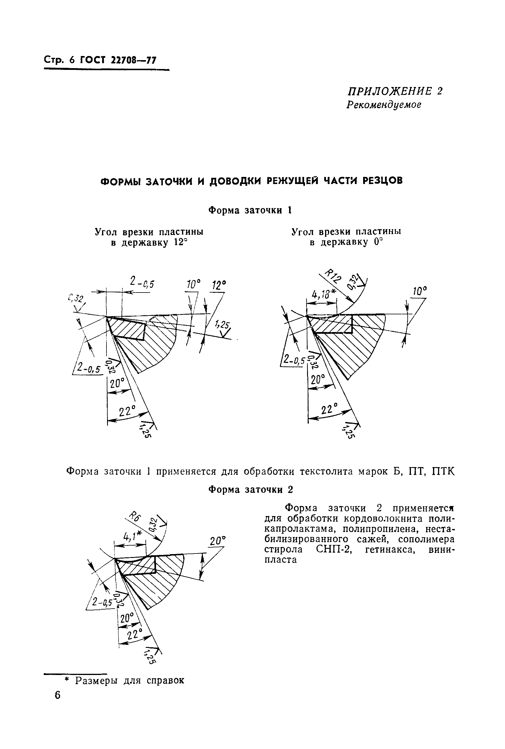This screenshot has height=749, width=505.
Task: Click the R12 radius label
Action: click(x=333, y=276)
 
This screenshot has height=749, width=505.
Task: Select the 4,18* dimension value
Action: click(x=323, y=293)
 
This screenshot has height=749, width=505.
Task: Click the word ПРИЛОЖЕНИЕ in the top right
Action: click(x=389, y=91)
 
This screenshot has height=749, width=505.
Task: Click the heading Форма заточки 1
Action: click(x=250, y=210)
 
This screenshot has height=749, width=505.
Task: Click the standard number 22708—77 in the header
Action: click(x=133, y=60)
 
